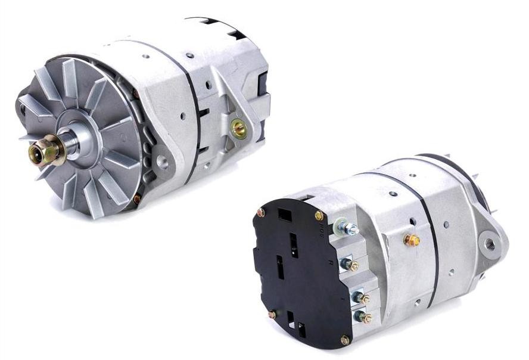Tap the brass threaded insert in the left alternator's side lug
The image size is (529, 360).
239,126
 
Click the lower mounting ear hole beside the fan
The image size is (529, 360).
161,161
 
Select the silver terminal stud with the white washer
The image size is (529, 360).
346,228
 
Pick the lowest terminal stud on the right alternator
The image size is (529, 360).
362,318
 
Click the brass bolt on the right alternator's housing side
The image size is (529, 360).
411,240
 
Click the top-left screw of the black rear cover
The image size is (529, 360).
261,212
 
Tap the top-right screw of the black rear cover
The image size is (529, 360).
319,215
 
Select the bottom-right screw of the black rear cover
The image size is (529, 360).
345,340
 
